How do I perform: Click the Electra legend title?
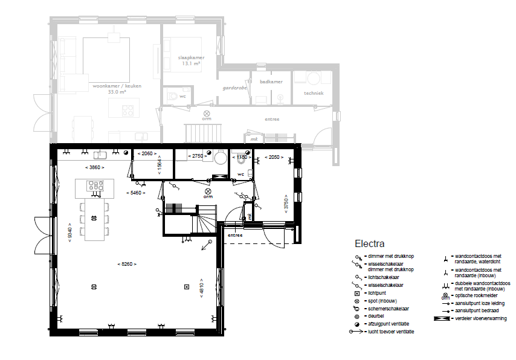coord(369,245)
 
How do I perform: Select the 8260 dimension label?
coord(127,264)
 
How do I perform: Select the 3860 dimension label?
coord(94,167)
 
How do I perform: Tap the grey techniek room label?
coord(314,93)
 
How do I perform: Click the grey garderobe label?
coord(234,87)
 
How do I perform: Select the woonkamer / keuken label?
coord(117,86)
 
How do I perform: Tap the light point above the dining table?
coord(93,217)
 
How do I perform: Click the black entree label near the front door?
coord(235,234)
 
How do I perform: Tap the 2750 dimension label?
coord(196,156)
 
